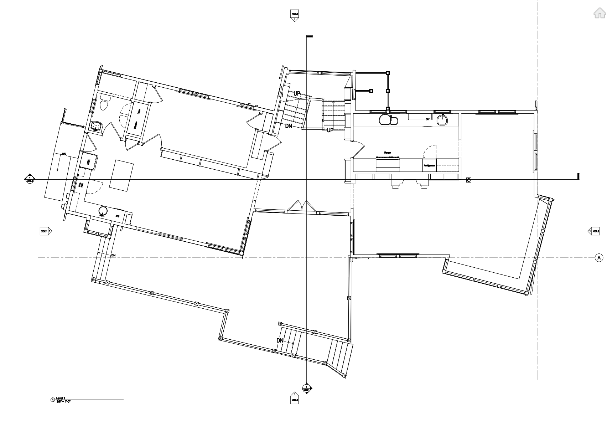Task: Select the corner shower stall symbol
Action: (96, 126)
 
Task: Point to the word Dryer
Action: (139, 111)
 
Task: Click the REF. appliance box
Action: (88, 161)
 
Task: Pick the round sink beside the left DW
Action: (103, 211)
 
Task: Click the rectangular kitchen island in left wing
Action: (121, 175)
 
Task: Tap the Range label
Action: (388, 153)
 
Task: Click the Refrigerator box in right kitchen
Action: (429, 166)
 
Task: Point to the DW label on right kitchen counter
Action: (427, 119)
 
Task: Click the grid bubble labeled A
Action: (599, 257)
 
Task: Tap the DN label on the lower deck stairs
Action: (280, 340)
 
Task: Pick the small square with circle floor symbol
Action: (469, 180)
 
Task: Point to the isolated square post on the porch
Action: (371, 91)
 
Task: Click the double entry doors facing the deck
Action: (302, 207)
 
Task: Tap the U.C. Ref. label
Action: (81, 184)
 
